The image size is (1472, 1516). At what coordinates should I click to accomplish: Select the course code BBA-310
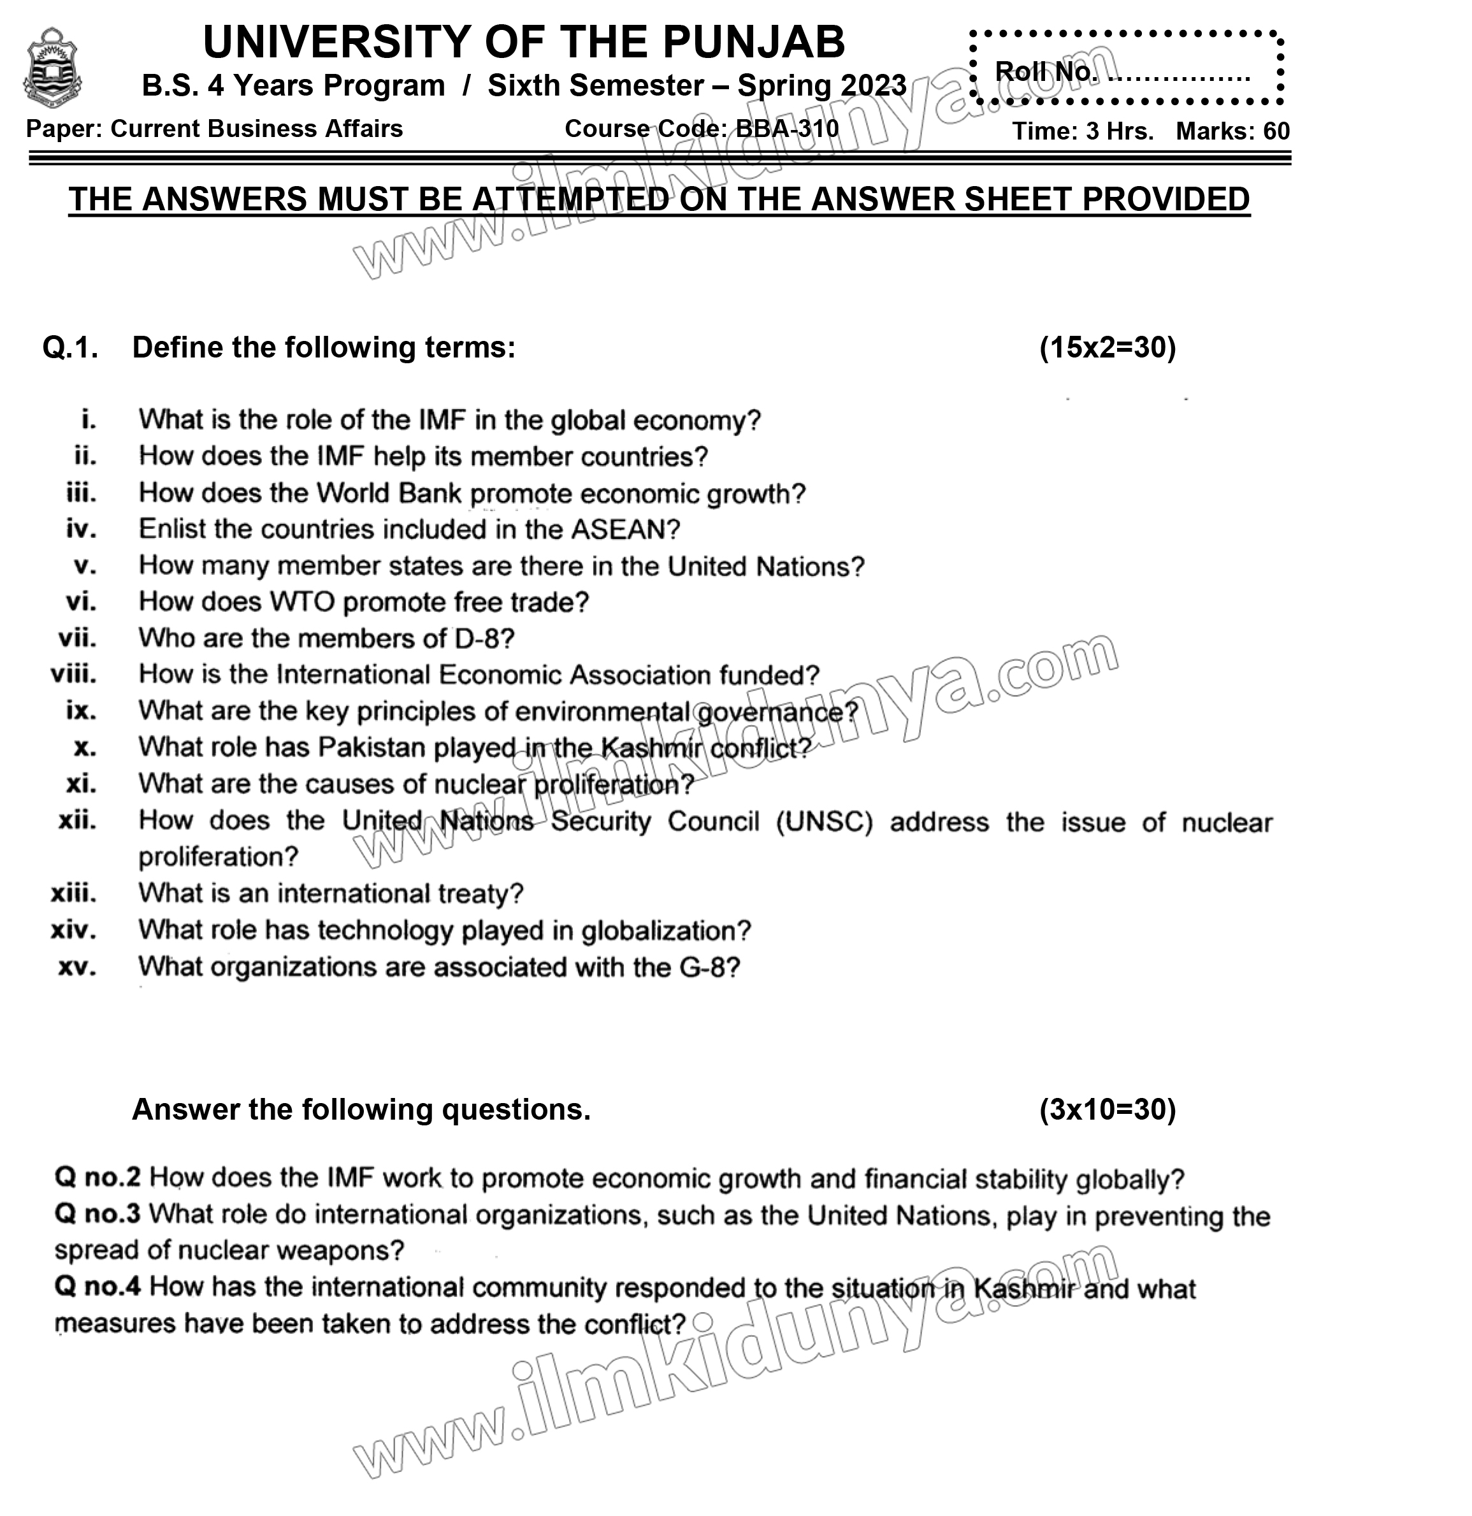(x=787, y=128)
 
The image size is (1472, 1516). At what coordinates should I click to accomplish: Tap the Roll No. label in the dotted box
(x=1045, y=72)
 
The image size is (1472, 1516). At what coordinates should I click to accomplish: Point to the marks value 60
(x=1276, y=131)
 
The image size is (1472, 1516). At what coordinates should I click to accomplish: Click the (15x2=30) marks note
(x=1107, y=348)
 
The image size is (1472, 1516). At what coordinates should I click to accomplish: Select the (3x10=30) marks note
(x=1107, y=1110)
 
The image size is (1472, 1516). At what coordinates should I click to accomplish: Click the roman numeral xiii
(x=75, y=894)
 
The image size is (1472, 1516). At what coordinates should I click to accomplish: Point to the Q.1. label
(x=70, y=348)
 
